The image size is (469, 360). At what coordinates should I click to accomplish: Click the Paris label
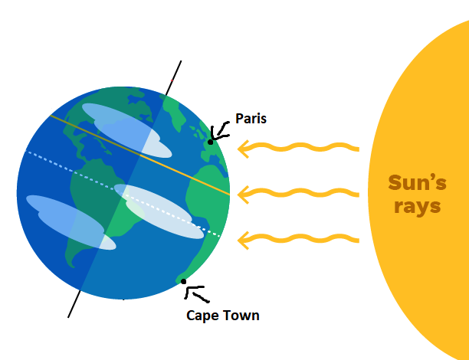click(251, 118)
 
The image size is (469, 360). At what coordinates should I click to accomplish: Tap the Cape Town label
click(223, 315)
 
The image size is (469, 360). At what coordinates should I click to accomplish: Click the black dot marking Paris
click(210, 142)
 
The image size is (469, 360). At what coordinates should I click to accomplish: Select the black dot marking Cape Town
click(184, 282)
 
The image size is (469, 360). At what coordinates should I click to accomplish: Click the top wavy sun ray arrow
click(299, 146)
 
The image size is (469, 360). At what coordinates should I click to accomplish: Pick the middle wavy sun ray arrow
click(299, 194)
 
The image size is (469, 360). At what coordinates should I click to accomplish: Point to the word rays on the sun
click(418, 207)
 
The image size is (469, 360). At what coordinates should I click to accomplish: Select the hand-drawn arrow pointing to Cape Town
click(198, 293)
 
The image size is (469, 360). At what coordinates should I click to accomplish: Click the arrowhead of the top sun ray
click(244, 147)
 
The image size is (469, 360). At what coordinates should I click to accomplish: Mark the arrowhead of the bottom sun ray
click(244, 241)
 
